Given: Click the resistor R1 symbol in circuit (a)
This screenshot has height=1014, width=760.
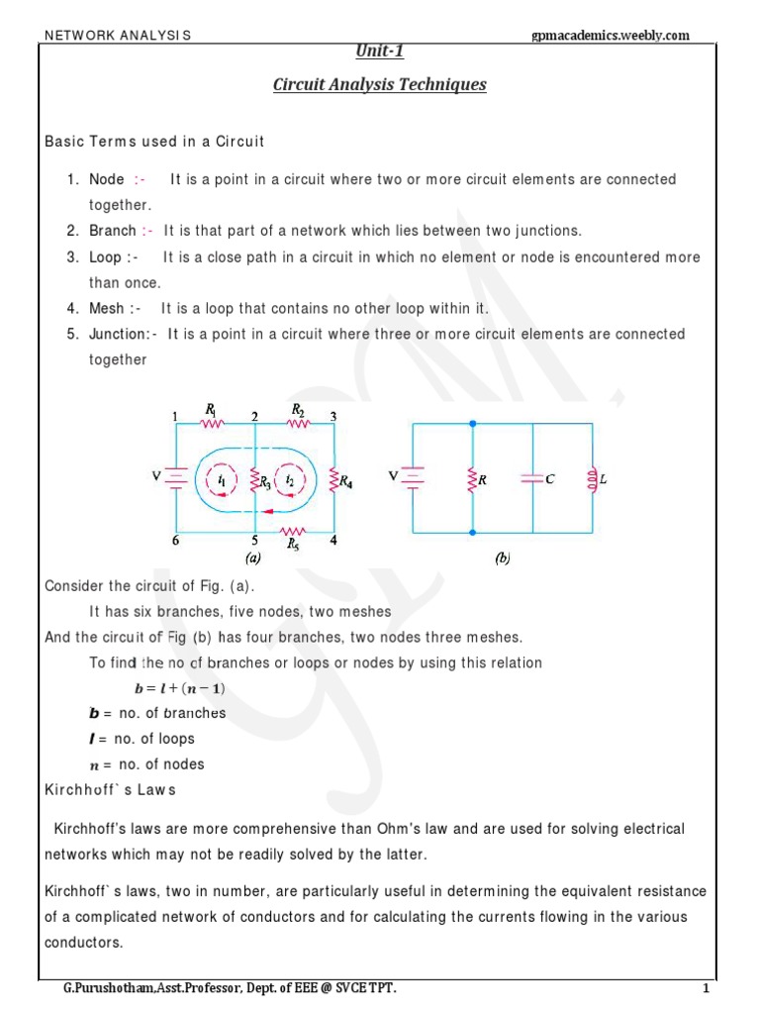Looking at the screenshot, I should (x=211, y=424).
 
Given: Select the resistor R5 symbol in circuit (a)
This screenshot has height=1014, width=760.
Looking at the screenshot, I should (x=292, y=530).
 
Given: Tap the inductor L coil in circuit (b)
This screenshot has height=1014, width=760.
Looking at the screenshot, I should (x=593, y=479).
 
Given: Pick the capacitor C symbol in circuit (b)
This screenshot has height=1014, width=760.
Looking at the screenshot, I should (x=532, y=479).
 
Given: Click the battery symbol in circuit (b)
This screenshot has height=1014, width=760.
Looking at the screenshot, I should (x=414, y=479).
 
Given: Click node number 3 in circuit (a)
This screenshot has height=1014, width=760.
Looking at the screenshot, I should (x=333, y=417).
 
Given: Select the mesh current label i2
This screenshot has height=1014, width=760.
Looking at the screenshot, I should (x=289, y=480).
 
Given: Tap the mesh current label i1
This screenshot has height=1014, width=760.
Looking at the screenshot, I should (x=222, y=480).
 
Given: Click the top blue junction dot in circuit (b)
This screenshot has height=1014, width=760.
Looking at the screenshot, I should (x=473, y=424).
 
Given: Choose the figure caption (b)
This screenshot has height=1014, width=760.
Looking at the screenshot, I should (x=503, y=559).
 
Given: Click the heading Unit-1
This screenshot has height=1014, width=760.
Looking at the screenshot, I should (x=379, y=51).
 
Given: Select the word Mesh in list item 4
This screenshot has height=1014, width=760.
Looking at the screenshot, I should (x=107, y=308).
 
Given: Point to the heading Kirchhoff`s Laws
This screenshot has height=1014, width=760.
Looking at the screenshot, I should (x=110, y=789).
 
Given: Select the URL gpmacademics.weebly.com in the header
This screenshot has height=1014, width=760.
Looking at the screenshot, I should (x=611, y=36).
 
